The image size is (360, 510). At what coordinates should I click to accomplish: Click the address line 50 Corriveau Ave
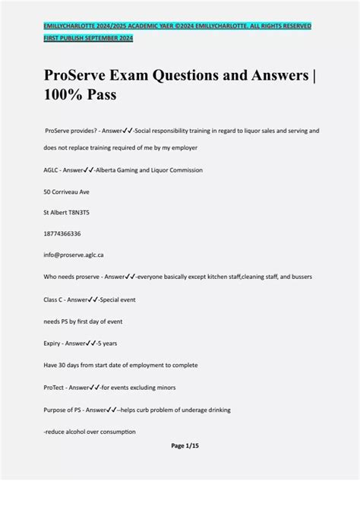(x=67, y=192)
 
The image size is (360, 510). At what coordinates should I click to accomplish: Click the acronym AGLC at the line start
(x=52, y=170)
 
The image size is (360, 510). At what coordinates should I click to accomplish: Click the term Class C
(x=55, y=300)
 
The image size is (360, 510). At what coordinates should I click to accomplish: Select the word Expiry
(x=53, y=344)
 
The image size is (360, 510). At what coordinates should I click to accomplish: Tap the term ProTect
(x=55, y=388)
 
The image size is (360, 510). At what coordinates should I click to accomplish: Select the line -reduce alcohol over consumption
(x=90, y=432)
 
